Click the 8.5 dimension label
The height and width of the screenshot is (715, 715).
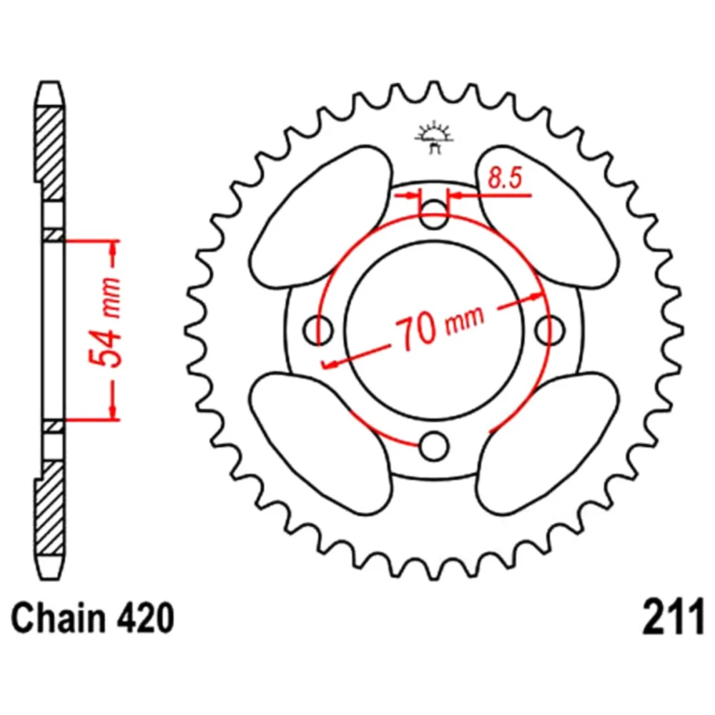coord(504,178)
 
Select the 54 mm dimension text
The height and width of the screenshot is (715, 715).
coord(105,321)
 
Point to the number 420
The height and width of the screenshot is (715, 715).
coord(146,618)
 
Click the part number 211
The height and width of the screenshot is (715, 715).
coord(674,618)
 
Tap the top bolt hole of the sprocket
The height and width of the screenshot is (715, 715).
coord(433,214)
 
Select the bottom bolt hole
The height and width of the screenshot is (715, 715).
coord(433,446)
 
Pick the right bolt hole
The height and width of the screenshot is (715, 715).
coord(549,330)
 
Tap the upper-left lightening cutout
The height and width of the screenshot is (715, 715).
coord(322,217)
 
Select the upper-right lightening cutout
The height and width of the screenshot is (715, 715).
coord(547,217)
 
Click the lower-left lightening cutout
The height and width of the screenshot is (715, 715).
coord(322,443)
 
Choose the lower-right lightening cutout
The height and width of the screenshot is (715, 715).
coord(547,443)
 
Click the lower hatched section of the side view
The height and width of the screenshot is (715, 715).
coord(50,507)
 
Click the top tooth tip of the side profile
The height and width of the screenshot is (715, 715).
coord(50,82)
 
